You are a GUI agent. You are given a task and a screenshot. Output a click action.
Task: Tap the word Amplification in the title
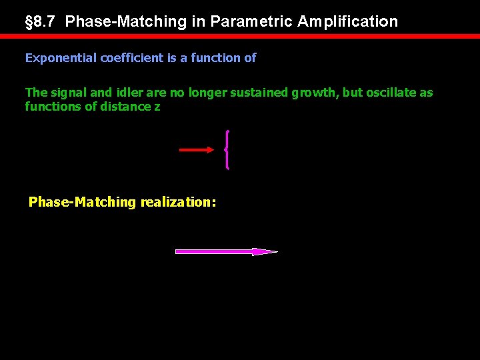click(x=347, y=21)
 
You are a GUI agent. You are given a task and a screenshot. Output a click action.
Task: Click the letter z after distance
click(x=157, y=107)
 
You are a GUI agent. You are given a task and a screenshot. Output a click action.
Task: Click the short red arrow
click(x=197, y=150)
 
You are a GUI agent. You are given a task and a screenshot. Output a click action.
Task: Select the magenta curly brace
click(x=228, y=150)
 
